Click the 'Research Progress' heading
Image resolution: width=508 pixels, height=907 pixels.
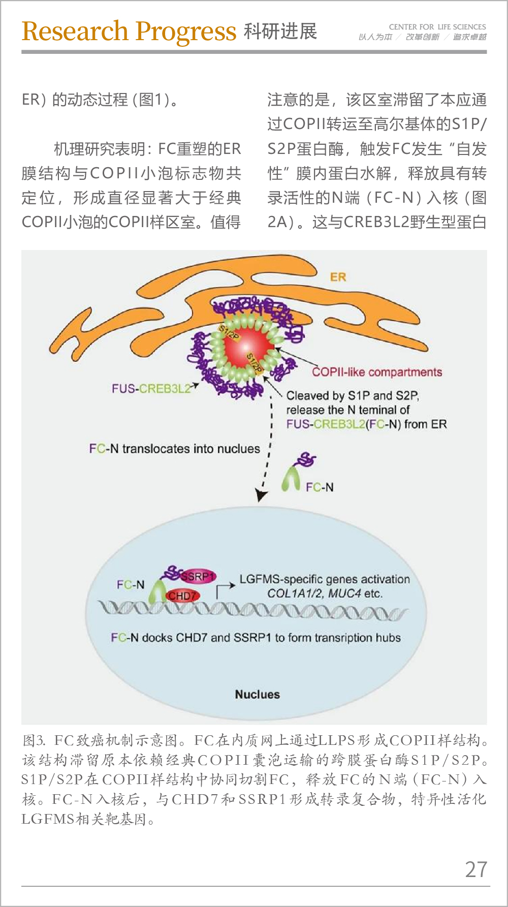click(x=129, y=32)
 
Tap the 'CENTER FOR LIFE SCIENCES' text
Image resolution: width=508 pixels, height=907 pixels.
click(x=437, y=26)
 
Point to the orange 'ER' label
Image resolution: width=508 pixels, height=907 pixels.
click(x=338, y=277)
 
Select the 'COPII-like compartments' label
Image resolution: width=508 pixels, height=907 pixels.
click(x=377, y=372)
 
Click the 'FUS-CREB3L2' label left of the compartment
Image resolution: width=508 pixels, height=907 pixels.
click(x=151, y=389)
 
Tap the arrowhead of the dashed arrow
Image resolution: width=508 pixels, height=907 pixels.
click(x=261, y=495)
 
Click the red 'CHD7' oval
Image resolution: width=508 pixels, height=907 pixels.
click(x=183, y=596)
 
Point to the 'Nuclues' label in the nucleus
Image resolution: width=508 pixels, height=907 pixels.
click(x=257, y=694)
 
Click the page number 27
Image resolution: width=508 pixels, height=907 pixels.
click(x=476, y=869)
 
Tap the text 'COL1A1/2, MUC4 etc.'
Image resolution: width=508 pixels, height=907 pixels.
click(x=325, y=593)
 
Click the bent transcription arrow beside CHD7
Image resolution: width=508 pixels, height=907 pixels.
click(x=222, y=589)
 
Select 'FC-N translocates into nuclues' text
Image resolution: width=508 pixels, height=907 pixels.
click(x=174, y=449)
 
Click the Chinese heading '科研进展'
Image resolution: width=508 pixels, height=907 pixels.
click(x=280, y=32)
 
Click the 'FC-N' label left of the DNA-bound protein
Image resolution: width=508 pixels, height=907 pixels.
click(x=131, y=585)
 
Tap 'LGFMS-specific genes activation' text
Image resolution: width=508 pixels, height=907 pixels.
click(x=325, y=579)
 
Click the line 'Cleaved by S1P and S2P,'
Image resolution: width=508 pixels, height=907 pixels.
click(x=353, y=395)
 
